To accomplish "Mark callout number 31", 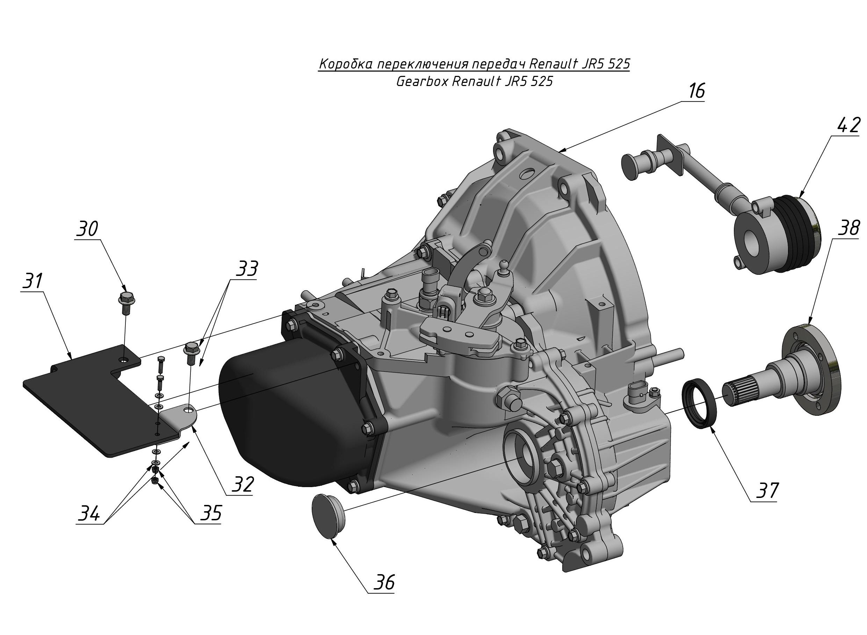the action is (32, 281).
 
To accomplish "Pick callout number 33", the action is (246, 269).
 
